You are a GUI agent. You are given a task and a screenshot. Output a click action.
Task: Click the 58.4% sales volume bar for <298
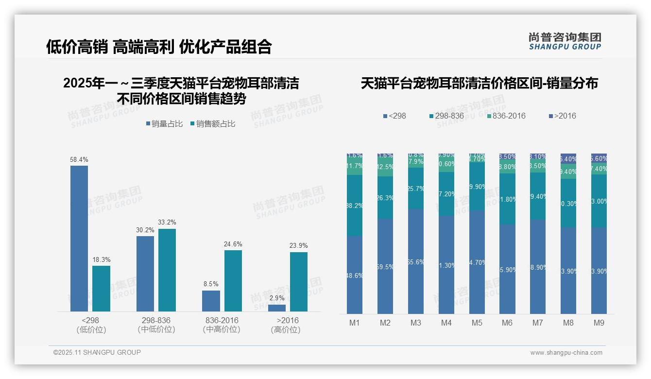pyautogui.click(x=79, y=238)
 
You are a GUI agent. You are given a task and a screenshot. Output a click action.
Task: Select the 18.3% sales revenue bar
pyautogui.click(x=101, y=288)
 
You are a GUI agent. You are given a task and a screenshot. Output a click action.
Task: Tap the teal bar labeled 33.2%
pyautogui.click(x=167, y=270)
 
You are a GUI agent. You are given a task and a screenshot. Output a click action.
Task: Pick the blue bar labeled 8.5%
pyautogui.click(x=211, y=301)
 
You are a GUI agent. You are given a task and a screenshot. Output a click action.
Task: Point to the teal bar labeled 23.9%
pyautogui.click(x=299, y=281)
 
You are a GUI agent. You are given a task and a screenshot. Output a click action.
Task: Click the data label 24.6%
pyautogui.click(x=233, y=244)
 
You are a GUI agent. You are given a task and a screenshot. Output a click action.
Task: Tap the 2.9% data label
pyautogui.click(x=277, y=298)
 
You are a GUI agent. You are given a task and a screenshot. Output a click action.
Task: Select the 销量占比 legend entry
pyautogui.click(x=164, y=124)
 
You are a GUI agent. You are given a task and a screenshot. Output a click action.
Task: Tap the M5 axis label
pyautogui.click(x=477, y=323)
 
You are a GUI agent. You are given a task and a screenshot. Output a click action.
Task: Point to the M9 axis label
pyautogui.click(x=599, y=323)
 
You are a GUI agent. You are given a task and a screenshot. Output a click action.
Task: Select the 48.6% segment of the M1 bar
pyautogui.click(x=355, y=275)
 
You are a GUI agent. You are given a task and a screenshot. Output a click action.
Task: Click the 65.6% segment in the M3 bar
pyautogui.click(x=416, y=261)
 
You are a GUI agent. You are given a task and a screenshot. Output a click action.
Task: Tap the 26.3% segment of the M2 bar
pyautogui.click(x=385, y=197)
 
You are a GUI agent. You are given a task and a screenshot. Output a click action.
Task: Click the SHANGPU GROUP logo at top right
pyautogui.click(x=565, y=41)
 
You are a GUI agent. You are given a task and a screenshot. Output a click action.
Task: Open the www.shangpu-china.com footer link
pyautogui.click(x=566, y=353)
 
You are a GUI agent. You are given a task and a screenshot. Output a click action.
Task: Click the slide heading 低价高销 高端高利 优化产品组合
pyautogui.click(x=159, y=47)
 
